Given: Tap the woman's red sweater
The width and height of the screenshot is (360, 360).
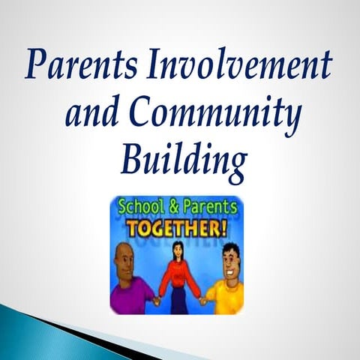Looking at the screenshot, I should pos(179,277).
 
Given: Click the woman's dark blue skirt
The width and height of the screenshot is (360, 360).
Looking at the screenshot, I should pos(179,303).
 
